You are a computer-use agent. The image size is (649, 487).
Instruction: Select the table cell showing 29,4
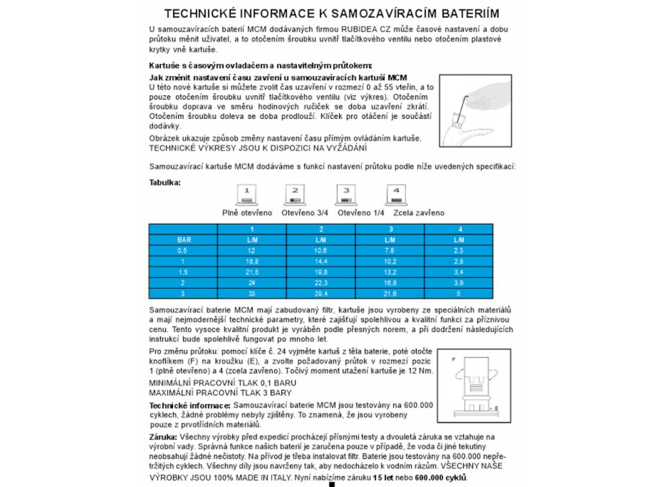tap(321, 294)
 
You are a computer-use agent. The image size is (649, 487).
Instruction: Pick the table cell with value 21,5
tap(252, 272)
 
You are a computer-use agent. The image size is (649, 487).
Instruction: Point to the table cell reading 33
tap(252, 294)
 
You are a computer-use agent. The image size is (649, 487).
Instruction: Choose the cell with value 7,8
tap(390, 250)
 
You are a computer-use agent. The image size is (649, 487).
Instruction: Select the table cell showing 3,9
tap(459, 284)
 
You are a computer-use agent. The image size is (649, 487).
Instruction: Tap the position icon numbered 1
tap(247, 195)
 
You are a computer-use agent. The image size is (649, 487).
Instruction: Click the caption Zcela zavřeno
tap(419, 213)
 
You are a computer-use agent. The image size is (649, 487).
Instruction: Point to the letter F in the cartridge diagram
tap(453, 359)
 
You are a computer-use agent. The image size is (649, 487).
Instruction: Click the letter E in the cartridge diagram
tap(496, 408)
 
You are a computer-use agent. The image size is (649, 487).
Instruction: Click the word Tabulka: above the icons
tap(165, 183)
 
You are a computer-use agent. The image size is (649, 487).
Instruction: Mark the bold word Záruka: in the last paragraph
tap(163, 437)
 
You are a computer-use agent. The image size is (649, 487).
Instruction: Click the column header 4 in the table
tap(459, 229)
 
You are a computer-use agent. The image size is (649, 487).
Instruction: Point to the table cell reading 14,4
tap(321, 261)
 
